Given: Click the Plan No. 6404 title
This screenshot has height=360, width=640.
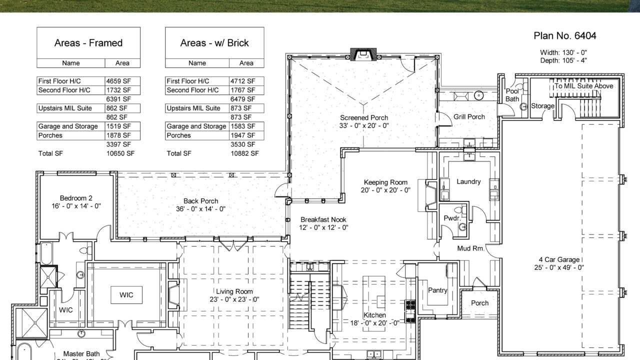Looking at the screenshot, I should [564, 36].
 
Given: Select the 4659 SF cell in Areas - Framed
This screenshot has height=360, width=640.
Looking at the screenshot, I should [118, 81].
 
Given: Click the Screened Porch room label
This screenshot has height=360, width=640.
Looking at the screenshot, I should [364, 117].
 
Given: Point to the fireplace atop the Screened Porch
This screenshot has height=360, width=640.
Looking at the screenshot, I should [363, 53].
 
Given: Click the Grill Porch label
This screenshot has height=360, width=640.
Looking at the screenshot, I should [469, 117].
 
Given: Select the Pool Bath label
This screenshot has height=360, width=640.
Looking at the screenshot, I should [512, 95].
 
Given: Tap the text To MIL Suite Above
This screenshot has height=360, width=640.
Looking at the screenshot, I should [583, 86].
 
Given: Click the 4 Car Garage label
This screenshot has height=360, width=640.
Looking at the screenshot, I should [559, 259].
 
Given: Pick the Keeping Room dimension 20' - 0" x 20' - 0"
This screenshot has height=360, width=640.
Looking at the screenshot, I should [385, 190].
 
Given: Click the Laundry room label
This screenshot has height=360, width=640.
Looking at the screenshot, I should [468, 181].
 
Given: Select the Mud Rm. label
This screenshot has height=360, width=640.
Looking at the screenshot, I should [470, 248].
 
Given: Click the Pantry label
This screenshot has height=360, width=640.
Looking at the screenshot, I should [437, 290].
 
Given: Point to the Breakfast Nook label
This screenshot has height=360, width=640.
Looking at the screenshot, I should [323, 219].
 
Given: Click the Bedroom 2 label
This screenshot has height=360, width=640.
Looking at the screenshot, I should [76, 198].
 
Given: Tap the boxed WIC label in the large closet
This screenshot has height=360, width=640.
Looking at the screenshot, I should [126, 295].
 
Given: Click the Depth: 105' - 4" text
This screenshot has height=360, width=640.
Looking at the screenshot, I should [563, 60].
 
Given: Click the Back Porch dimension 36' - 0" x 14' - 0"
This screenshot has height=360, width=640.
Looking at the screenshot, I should [200, 209].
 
